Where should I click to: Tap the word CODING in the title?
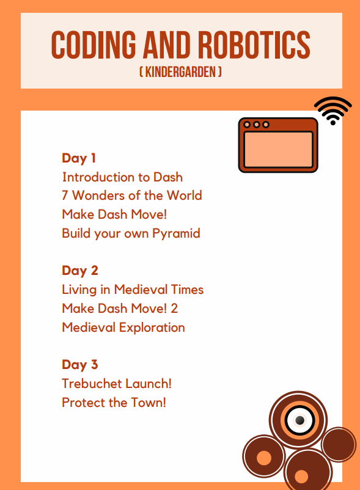pyautogui.click(x=94, y=45)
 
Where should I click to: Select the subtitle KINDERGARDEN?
pyautogui.click(x=180, y=72)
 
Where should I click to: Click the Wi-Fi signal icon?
pyautogui.click(x=333, y=111)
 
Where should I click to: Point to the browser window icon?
pyautogui.click(x=278, y=145)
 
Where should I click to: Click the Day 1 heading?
pyautogui.click(x=79, y=158)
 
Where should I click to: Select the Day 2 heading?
pyautogui.click(x=80, y=271)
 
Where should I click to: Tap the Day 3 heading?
pyautogui.click(x=80, y=365)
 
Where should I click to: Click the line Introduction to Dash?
pyautogui.click(x=122, y=177)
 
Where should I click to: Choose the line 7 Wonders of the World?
pyautogui.click(x=132, y=196)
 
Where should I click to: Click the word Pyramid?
pyautogui.click(x=176, y=234)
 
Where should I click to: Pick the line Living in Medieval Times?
pyautogui.click(x=133, y=290)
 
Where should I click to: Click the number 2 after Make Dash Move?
pyautogui.click(x=174, y=309)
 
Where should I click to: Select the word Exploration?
pyautogui.click(x=152, y=328)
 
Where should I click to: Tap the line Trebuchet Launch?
pyautogui.click(x=117, y=384)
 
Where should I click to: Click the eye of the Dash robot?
pyautogui.click(x=299, y=420)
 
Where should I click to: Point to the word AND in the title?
pyautogui.click(x=167, y=45)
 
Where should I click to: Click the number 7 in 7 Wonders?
pyautogui.click(x=65, y=196)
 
